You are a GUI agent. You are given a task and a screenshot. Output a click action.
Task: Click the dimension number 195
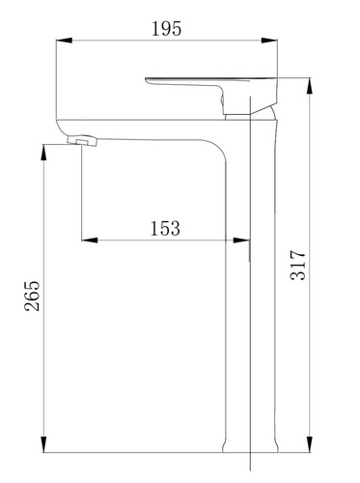click(166, 28)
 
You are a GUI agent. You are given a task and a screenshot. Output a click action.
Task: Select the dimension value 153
click(165, 228)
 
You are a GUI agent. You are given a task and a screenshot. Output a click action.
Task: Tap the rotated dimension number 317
click(298, 265)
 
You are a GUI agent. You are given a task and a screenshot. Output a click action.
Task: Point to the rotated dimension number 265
click(32, 296)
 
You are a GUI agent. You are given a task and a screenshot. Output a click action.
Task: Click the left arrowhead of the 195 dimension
click(64, 41)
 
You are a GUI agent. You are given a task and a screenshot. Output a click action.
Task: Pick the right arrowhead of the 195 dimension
click(269, 41)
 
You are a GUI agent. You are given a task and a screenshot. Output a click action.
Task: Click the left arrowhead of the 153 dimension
click(90, 240)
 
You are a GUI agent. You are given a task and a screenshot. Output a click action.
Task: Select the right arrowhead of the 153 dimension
click(241, 240)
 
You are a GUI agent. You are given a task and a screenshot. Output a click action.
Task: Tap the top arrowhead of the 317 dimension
click(310, 86)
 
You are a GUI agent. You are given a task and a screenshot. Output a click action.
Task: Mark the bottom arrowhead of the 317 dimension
click(310, 444)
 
